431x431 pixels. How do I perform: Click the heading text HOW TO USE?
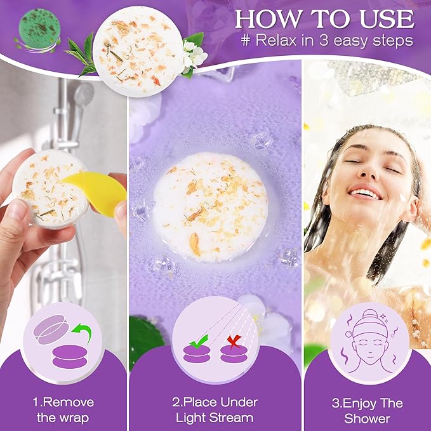coord(324,18)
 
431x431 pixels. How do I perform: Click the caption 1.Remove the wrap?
coord(63,410)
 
